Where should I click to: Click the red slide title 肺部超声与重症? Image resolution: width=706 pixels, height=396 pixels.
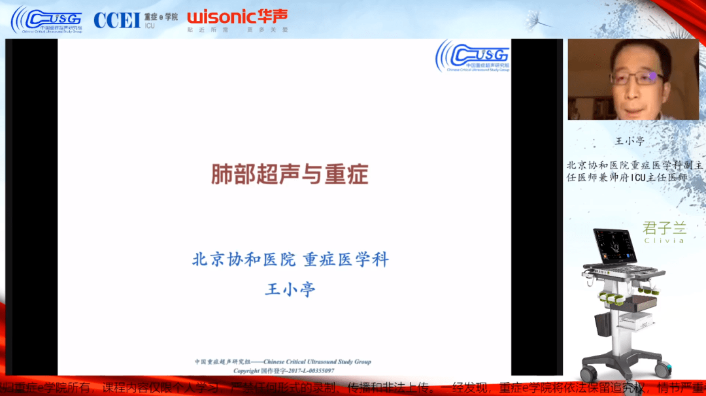click(x=289, y=174)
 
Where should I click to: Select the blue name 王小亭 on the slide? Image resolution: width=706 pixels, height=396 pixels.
click(x=290, y=289)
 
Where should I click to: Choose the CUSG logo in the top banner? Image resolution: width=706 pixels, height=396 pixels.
click(x=47, y=19)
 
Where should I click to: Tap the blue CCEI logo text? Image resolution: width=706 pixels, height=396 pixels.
click(x=117, y=20)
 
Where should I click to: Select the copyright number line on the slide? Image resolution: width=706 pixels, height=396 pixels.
click(x=284, y=371)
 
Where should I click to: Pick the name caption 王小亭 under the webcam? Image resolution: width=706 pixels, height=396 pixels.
click(x=630, y=140)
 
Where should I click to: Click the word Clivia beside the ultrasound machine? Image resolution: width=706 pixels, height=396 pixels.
click(x=664, y=240)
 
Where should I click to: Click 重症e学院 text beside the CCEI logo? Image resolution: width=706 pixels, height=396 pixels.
click(x=161, y=16)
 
